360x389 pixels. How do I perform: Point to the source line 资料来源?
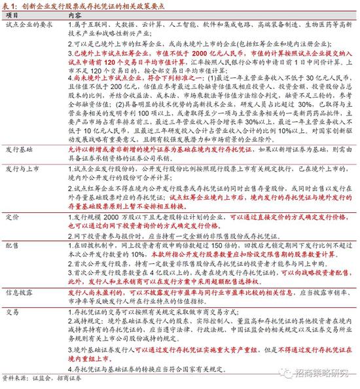pos(16,380)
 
